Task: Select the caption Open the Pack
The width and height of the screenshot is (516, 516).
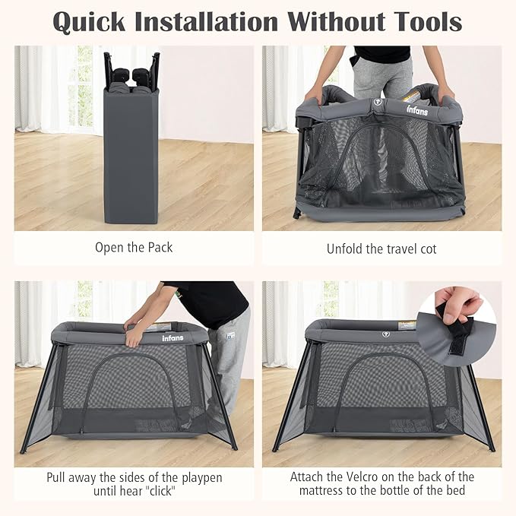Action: click(x=134, y=247)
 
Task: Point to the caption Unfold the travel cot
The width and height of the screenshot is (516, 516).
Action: click(x=381, y=249)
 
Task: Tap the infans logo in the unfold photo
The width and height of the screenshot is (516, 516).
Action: click(x=416, y=111)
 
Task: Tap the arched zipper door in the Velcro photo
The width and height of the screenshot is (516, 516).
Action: click(x=384, y=388)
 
